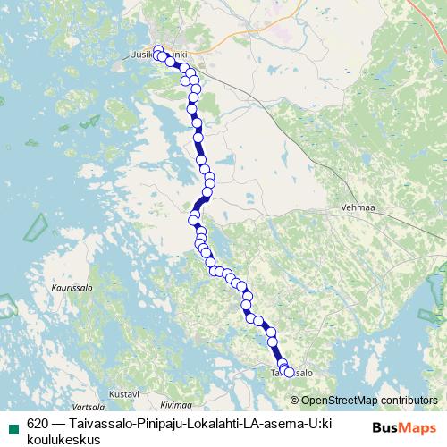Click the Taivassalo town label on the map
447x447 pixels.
click(292, 372)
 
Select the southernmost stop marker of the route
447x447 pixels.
click(288, 373)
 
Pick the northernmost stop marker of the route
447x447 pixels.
click(158, 50)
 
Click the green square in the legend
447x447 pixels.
click(13, 426)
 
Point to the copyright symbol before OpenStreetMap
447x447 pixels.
click(296, 401)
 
